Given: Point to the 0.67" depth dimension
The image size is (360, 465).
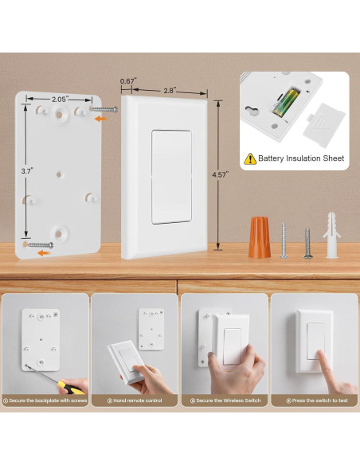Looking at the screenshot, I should (127, 81).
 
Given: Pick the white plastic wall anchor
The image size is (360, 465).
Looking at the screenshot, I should (332, 236).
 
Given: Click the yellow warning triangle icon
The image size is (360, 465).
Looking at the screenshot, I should (250, 158).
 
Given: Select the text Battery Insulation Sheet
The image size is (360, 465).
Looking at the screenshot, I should (301, 158).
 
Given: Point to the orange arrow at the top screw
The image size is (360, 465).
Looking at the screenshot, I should (99, 119).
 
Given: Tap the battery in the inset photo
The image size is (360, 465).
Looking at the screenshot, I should (284, 104).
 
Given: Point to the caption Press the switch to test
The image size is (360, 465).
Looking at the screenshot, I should (314, 401).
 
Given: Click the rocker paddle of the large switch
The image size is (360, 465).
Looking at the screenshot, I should (171, 177).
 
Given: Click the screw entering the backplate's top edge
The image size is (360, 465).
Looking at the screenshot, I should (106, 109).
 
